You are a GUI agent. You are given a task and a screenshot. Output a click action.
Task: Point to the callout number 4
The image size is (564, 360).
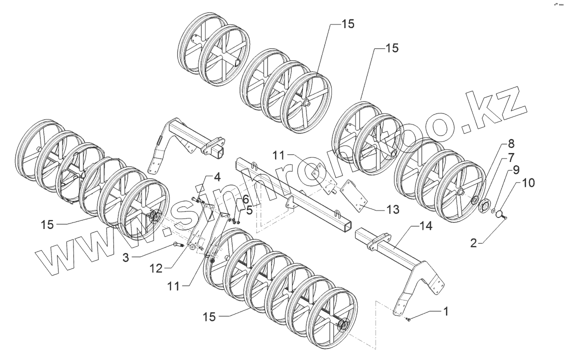[217, 177]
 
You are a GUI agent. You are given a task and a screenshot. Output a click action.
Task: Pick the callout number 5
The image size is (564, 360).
[249, 210]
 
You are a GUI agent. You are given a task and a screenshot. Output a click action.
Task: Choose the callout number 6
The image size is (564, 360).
[245, 199]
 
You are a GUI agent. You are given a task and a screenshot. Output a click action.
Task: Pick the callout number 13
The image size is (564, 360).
[393, 209]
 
